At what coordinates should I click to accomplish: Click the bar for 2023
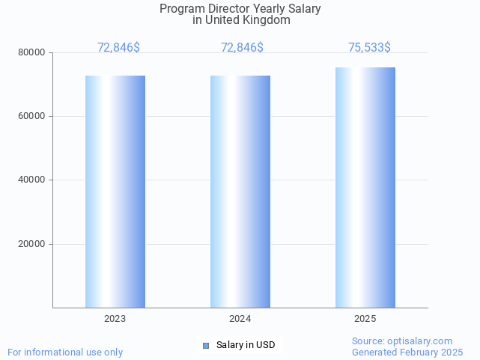point(115,191)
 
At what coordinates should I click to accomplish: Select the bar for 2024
point(240,191)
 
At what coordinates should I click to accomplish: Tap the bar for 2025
point(365,187)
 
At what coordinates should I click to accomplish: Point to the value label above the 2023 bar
point(118,48)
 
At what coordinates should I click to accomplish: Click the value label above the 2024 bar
point(242,48)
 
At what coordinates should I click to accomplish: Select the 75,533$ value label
point(369,48)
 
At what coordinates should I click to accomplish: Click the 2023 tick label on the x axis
point(115,319)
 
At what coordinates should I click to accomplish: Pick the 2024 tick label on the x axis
point(240,319)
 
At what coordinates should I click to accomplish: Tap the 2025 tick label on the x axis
point(365,319)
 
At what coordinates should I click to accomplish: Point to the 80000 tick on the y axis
point(32,53)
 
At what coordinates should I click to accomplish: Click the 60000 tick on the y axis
point(32,117)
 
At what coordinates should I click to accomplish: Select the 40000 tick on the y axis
point(32,180)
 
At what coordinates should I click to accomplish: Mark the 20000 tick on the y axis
point(32,244)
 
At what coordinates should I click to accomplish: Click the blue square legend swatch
point(206,345)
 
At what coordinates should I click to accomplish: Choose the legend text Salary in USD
point(246,345)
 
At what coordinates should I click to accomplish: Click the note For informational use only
point(65,352)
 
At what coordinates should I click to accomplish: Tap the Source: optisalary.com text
point(402,341)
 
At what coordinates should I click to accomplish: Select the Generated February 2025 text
point(407,352)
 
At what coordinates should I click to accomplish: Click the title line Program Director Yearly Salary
point(240,9)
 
